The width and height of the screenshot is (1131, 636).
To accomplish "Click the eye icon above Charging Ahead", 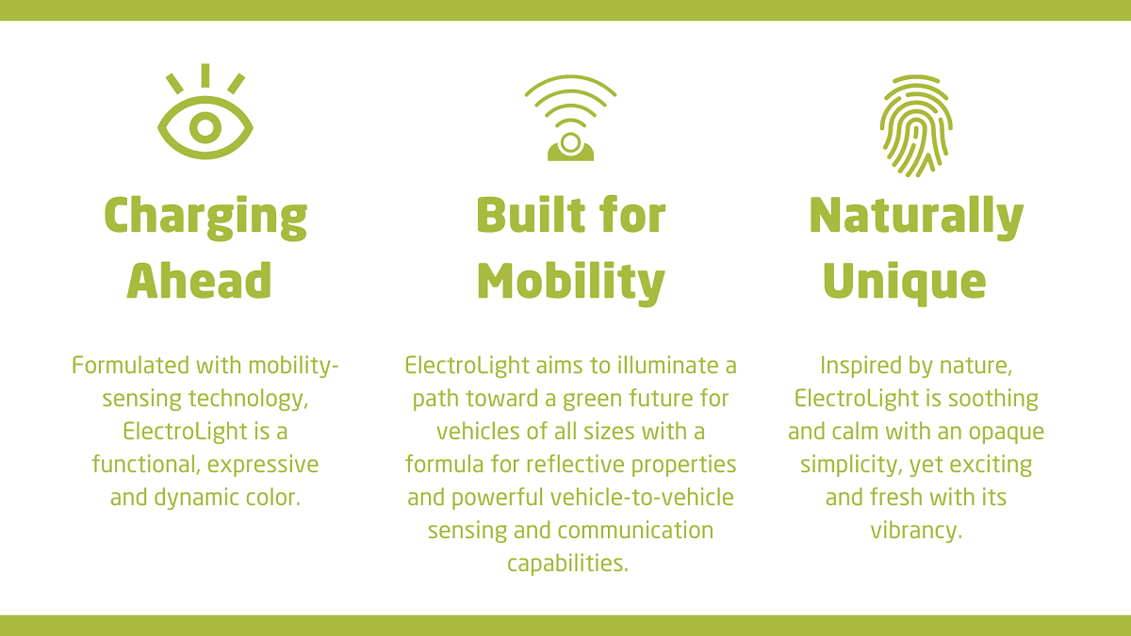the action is click(205, 111).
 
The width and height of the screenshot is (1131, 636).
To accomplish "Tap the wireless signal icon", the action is click(570, 118).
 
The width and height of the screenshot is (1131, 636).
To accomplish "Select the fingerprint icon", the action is click(916, 126).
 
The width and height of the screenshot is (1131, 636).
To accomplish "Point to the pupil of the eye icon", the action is click(205, 127).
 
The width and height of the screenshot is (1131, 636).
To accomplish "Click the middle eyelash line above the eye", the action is click(205, 75).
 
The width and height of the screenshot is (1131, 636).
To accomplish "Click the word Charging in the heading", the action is click(205, 217).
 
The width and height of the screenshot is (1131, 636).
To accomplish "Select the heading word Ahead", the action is click(199, 280).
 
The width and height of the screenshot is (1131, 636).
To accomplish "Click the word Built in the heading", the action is click(531, 215).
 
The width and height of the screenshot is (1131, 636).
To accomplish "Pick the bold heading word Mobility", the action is click(571, 283).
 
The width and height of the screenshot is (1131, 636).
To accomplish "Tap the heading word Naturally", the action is click(916, 217).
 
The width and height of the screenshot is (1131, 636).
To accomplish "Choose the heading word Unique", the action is click(904, 283).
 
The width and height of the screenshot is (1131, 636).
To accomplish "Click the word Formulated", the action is click(130, 365).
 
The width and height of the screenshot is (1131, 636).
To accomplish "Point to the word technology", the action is click(248, 400).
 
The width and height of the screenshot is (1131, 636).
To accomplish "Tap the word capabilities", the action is click(568, 564).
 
